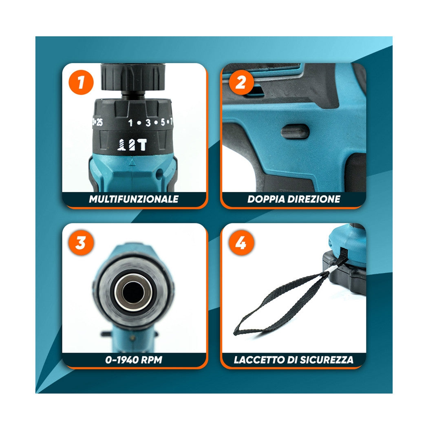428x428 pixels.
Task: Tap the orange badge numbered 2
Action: [x=241, y=82]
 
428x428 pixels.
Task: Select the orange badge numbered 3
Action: [x=81, y=243]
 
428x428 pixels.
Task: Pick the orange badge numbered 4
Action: [x=241, y=243]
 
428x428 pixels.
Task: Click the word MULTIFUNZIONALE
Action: [x=134, y=199]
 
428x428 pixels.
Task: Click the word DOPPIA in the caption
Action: [x=265, y=199]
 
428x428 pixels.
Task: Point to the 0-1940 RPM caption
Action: [x=134, y=360]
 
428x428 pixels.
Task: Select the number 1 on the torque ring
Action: [x=130, y=122]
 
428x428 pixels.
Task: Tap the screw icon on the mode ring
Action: [x=121, y=145]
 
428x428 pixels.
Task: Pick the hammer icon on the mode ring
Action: [x=143, y=145]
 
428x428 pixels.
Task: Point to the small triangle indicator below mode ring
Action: [x=131, y=162]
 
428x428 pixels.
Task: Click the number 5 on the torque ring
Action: [x=163, y=122]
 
